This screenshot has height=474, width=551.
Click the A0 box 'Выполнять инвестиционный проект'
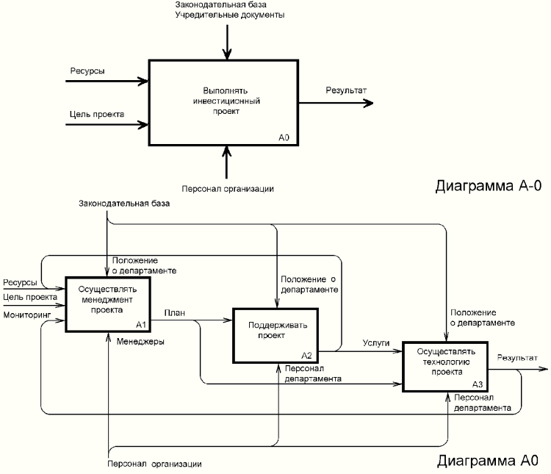click(225, 101)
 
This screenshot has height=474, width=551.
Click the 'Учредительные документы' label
click(229, 15)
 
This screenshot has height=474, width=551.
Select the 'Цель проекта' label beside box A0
click(96, 114)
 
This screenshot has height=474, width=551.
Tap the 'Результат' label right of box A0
click(347, 90)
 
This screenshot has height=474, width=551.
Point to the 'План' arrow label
click(174, 312)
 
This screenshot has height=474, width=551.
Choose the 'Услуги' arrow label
click(375, 342)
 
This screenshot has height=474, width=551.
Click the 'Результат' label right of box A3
click(516, 358)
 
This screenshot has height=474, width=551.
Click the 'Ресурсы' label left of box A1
click(19, 282)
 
